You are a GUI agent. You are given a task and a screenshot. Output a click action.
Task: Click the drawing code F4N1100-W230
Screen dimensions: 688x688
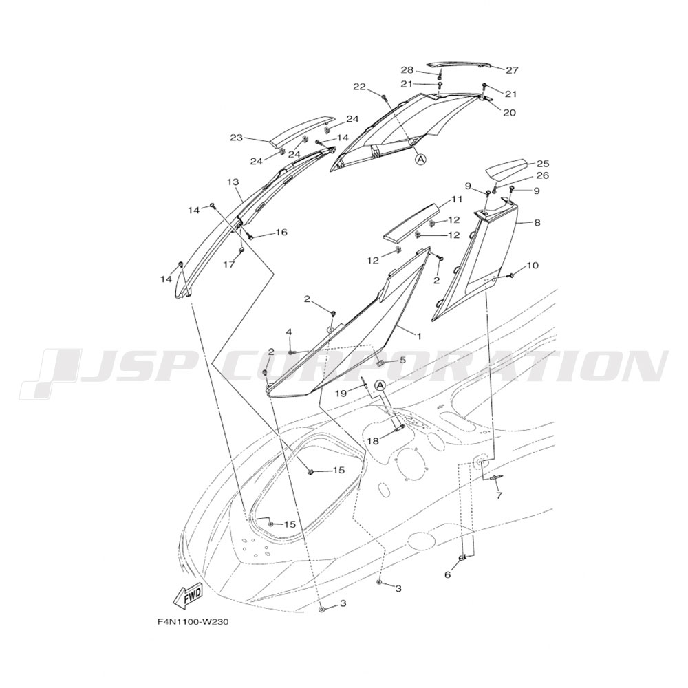[x=193, y=622]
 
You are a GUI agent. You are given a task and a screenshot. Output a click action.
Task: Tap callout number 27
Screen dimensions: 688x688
[x=512, y=70]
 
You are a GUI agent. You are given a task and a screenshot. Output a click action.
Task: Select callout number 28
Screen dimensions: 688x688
[x=407, y=70]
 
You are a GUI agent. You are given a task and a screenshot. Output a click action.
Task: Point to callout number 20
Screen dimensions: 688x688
[x=509, y=112]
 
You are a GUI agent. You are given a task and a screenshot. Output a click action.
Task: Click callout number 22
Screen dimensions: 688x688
[x=359, y=87]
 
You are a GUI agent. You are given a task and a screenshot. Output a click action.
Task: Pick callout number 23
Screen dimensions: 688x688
[x=237, y=138]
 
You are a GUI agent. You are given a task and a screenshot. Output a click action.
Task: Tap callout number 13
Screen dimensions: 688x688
[x=232, y=182]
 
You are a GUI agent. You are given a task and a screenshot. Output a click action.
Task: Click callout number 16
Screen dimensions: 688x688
[x=281, y=233]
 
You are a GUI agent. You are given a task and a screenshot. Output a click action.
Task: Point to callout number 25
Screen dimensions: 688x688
[x=543, y=164]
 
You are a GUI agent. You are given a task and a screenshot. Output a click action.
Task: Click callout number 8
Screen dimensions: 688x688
[x=537, y=222]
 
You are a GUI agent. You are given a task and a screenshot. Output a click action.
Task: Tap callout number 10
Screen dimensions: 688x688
[x=533, y=265]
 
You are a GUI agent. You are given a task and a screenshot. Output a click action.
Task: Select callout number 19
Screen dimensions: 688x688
[x=341, y=394]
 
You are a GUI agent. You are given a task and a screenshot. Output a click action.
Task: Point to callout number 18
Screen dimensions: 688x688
[x=373, y=440]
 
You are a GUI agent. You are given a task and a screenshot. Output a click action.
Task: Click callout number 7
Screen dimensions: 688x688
[x=499, y=495]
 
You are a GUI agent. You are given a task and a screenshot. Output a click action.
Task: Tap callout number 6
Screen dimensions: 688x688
[x=447, y=574]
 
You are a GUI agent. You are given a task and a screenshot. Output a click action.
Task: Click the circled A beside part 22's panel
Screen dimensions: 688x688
[x=421, y=159]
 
